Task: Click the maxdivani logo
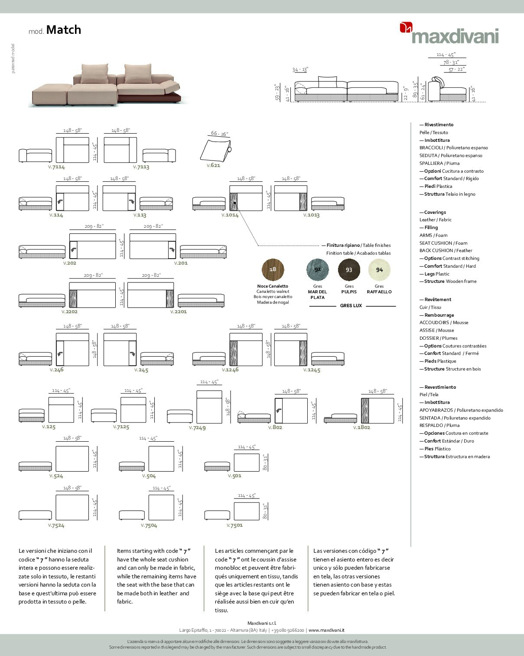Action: pos(449,34)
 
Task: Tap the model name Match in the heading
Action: pos(63,30)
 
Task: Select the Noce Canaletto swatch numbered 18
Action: pos(273,269)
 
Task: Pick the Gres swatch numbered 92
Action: pos(318,269)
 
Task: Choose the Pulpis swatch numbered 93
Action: pos(349,269)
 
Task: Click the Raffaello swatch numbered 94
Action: pos(379,269)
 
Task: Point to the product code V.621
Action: pos(213,165)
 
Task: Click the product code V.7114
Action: pos(56,167)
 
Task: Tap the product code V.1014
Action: pos(230,215)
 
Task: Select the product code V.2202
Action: pos(69,312)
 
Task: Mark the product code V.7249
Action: pos(197,427)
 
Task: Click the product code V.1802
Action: pos(361,427)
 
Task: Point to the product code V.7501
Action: pos(234,525)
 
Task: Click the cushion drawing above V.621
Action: pos(215,150)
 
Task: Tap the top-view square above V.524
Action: pos(72,459)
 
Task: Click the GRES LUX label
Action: pos(351,305)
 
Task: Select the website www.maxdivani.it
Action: pos(326,630)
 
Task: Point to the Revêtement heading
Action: pos(437,299)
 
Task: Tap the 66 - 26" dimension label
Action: pos(219,134)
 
